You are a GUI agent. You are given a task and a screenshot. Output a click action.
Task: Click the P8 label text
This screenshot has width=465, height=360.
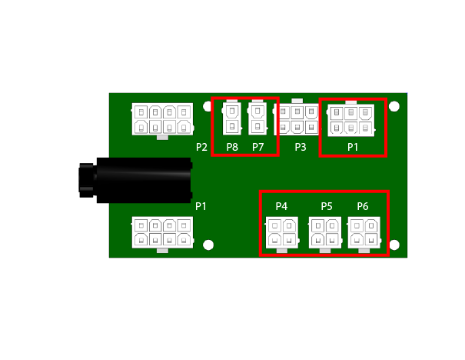(232, 147)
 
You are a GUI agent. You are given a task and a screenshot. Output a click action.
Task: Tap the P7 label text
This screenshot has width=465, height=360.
(258, 147)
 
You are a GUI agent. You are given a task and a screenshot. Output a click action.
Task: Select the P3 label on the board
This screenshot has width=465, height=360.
(300, 147)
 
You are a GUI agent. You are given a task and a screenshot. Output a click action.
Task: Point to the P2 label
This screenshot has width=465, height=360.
(202, 147)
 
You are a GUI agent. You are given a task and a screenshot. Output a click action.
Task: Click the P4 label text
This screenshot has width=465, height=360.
(281, 206)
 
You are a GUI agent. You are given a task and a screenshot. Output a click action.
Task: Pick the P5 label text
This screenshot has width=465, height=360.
(327, 206)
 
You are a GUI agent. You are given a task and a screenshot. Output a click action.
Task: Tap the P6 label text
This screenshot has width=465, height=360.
(363, 206)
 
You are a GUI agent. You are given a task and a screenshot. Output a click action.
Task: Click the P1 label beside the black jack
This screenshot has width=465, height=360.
(201, 206)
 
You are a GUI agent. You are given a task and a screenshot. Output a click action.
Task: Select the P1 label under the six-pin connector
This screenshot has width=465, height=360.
(353, 146)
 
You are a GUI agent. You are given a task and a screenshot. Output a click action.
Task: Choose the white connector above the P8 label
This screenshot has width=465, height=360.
(232, 119)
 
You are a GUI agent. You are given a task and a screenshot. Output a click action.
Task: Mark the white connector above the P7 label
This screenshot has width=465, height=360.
(258, 118)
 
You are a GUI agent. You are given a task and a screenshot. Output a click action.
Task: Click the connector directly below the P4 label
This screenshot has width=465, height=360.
(282, 234)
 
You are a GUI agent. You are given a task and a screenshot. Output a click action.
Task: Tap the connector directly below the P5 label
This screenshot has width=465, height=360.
(325, 234)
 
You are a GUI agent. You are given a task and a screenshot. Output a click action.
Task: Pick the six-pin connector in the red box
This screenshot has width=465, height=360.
(351, 120)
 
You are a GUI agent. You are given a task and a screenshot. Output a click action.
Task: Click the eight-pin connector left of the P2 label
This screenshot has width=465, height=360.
(161, 120)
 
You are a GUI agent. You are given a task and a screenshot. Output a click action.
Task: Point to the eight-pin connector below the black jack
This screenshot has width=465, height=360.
(161, 233)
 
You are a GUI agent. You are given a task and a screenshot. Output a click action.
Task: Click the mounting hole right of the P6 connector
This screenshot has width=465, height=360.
(395, 245)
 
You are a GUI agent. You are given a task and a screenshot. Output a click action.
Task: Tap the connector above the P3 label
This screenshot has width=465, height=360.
(297, 120)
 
